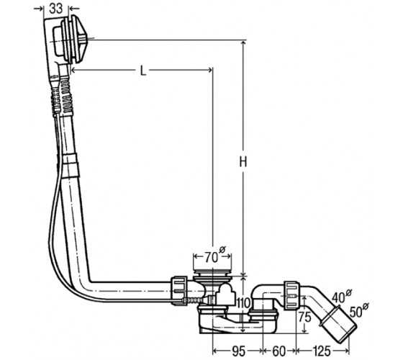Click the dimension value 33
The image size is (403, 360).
56,8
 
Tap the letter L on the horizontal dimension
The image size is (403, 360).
143,71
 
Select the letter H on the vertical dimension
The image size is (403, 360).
243,162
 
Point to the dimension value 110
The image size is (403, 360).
243,303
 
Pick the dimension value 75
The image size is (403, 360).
305,317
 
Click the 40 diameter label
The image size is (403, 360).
341,296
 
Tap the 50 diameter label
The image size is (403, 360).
359,310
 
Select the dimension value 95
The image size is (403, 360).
239,351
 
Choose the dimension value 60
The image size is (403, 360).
279,351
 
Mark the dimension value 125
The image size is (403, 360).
321,351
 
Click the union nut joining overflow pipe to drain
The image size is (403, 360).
179,291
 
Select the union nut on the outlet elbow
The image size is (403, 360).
291,295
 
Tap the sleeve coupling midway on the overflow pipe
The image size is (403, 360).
71,166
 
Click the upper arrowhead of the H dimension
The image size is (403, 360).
243,43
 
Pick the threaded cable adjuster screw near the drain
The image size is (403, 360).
194,300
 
